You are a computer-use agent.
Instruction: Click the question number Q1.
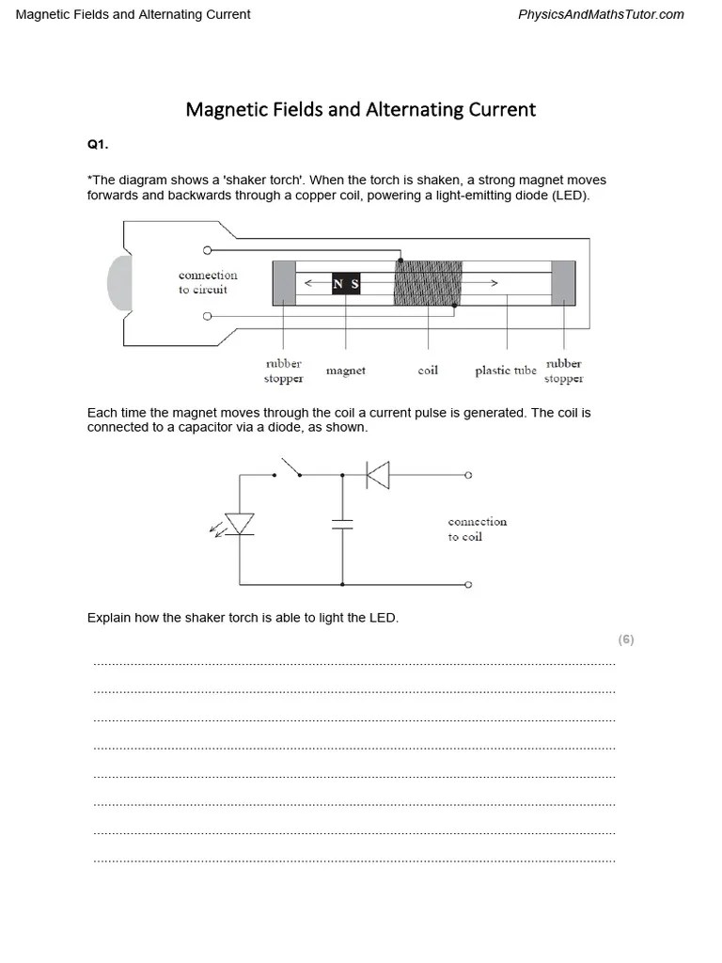coord(98,144)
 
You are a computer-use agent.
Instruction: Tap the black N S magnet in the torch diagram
coord(346,283)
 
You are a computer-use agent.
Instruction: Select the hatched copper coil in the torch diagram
coord(428,283)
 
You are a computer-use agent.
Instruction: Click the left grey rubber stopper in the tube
coord(284,283)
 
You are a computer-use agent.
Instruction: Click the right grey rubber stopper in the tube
coord(564,283)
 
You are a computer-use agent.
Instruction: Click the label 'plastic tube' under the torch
coord(506,371)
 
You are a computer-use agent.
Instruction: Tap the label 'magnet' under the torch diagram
coord(346,371)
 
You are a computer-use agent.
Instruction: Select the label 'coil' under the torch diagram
coord(428,371)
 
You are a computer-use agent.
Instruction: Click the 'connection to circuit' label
coord(208,282)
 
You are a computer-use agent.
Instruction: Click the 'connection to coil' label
coord(478,529)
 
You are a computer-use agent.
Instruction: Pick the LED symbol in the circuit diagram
coord(240,524)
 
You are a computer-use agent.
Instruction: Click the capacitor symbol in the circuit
coord(342,524)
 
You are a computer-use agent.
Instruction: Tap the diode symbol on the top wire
coord(378,476)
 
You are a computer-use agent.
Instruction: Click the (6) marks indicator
coord(626,639)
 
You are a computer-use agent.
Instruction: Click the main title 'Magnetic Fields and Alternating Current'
coord(361,109)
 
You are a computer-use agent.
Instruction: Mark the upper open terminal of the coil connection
coord(468,476)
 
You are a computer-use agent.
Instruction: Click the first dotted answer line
coord(353,664)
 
